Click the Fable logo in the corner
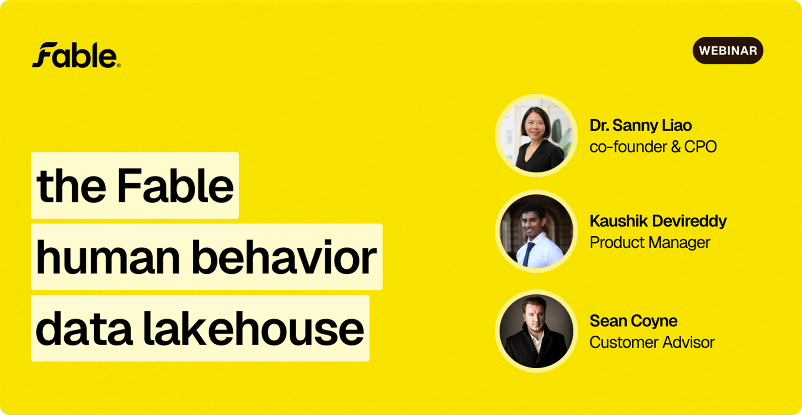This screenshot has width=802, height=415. (x=76, y=55)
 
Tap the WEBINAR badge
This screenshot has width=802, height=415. (x=728, y=50)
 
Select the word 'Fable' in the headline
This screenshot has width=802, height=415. (x=175, y=186)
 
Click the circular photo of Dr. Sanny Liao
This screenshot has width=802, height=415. (x=536, y=135)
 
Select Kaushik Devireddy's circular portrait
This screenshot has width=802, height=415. (x=536, y=231)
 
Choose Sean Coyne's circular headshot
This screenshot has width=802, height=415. (x=536, y=331)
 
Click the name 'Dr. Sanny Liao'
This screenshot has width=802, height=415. (x=641, y=125)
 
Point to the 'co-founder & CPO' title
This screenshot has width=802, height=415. (x=653, y=147)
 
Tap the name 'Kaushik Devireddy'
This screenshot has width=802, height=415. (x=658, y=221)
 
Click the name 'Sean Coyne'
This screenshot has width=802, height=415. (x=633, y=321)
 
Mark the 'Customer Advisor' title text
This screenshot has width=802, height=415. (x=652, y=342)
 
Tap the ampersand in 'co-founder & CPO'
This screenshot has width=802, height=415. (x=676, y=147)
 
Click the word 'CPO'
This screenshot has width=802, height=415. (x=700, y=147)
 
